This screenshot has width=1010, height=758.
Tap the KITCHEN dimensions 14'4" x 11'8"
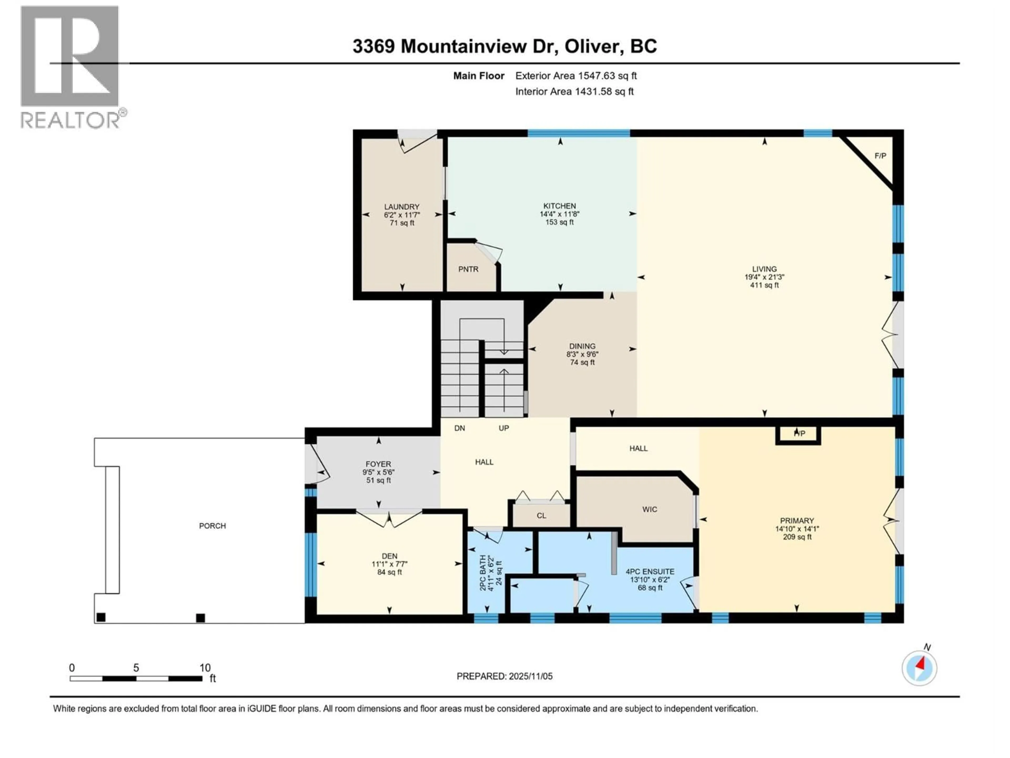[x=559, y=214]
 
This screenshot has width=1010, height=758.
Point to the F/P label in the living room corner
[x=880, y=156]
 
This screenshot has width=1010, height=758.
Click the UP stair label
[x=504, y=428]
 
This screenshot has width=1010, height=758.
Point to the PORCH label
[x=212, y=526]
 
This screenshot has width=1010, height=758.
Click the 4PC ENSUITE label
[x=650, y=572]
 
